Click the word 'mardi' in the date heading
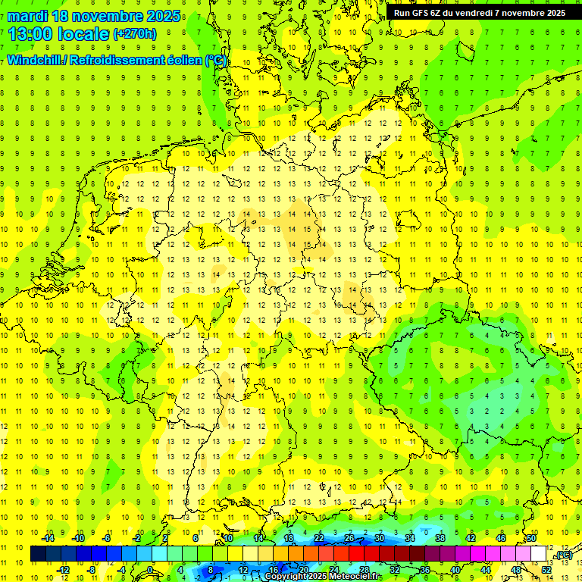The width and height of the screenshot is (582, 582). [30, 16]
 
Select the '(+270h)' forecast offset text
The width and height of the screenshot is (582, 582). [135, 34]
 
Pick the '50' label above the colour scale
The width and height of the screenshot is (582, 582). [532, 538]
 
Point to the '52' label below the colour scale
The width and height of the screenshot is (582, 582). [546, 569]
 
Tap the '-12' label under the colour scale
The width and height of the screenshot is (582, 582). [63, 569]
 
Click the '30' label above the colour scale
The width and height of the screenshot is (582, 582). [380, 538]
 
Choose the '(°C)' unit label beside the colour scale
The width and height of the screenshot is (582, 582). [563, 555]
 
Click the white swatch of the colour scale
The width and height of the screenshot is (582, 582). [539, 554]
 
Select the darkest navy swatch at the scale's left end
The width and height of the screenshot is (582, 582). [38, 554]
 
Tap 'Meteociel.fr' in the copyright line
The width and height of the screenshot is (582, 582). [355, 577]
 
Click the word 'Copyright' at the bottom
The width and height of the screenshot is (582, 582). [290, 577]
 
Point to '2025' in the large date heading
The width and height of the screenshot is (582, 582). [163, 16]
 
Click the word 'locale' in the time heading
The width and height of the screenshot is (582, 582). [84, 34]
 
